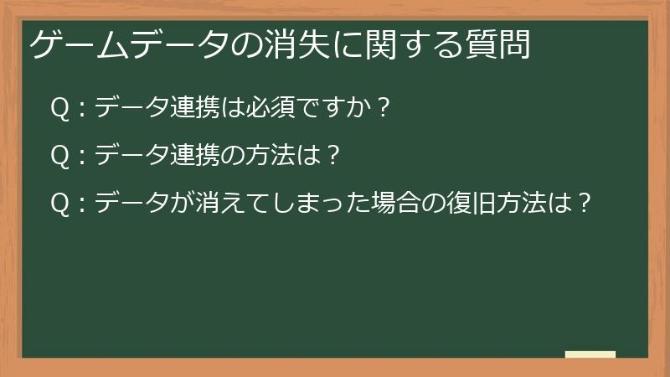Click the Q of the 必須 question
(x=59, y=108)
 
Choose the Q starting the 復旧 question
(x=59, y=204)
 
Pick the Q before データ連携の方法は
(x=59, y=156)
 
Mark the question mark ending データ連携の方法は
(x=332, y=156)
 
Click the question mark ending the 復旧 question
(x=585, y=204)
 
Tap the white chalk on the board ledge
(x=590, y=355)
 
